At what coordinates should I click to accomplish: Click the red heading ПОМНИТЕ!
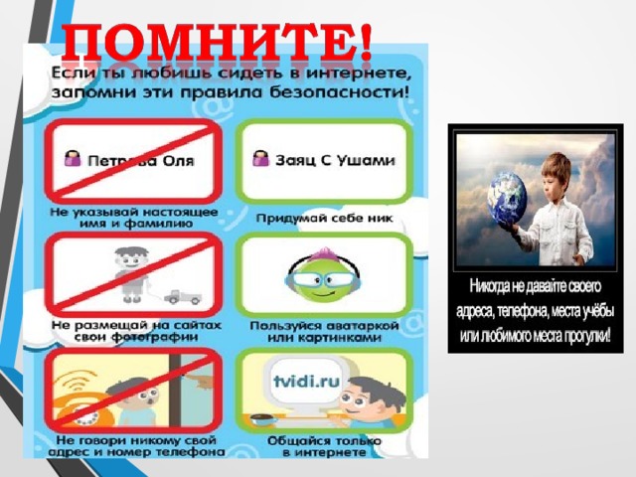tap(217, 42)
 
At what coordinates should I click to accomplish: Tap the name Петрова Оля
tap(141, 161)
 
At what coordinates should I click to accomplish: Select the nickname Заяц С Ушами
tap(335, 160)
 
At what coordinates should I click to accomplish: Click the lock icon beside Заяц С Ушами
tap(260, 158)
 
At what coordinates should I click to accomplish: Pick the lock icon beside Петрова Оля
tap(73, 158)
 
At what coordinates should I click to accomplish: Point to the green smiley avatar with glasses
tap(322, 275)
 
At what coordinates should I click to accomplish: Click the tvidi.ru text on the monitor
tap(306, 382)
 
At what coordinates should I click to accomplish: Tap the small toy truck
tap(183, 297)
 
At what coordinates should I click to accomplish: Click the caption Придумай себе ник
tap(325, 219)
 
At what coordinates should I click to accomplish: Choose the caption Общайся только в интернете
tap(324, 446)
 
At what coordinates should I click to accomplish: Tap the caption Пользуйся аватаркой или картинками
tap(324, 331)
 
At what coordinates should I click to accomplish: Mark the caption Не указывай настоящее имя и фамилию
tap(134, 218)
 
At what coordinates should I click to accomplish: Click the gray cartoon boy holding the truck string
tap(132, 274)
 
